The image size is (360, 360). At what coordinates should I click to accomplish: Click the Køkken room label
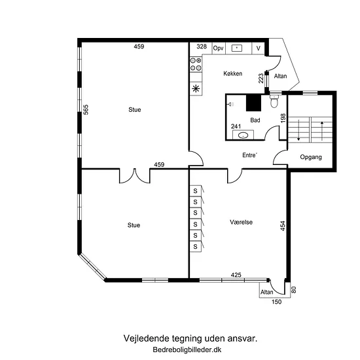point(232,73)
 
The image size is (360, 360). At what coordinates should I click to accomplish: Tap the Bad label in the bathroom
point(255,120)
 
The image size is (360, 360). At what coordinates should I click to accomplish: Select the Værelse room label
point(241,222)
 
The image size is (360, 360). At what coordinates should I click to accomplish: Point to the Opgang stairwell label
point(311,157)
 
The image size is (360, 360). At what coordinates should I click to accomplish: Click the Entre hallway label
point(249,155)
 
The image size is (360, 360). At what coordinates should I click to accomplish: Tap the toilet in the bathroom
point(274,101)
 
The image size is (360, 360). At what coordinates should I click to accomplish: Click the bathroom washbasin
point(243,135)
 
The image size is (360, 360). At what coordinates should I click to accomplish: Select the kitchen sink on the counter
point(237,48)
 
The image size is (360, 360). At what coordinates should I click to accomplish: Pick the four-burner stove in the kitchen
point(196,64)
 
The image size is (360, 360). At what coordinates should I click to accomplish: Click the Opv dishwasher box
point(219,48)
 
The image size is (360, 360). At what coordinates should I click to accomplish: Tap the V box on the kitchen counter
point(258,48)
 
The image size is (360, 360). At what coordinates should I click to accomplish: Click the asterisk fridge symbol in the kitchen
point(196,88)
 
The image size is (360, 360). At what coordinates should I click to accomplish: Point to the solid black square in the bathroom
point(254,103)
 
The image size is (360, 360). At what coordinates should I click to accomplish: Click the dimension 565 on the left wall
point(85,109)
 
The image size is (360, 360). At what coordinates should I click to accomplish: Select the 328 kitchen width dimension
point(202,46)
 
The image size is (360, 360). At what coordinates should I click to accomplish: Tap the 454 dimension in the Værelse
point(283,226)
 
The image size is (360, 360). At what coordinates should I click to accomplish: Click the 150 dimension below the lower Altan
point(276,302)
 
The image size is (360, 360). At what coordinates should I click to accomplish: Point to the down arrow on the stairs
point(298,130)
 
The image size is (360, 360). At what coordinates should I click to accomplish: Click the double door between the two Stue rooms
point(135,176)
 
